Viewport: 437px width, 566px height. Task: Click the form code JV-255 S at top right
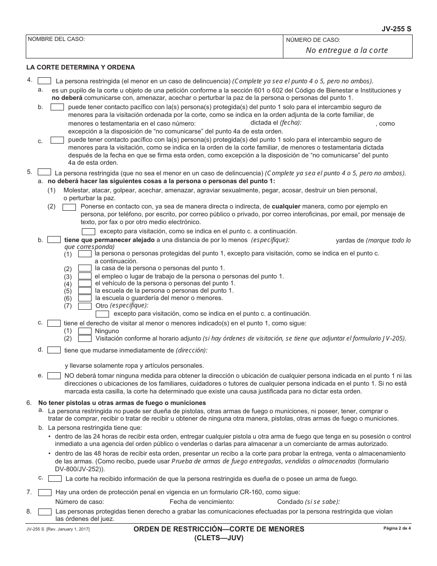click(397, 29)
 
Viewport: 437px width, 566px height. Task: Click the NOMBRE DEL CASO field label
click(56, 40)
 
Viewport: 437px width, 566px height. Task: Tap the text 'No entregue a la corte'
click(347, 51)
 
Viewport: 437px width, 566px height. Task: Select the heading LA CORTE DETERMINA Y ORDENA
click(80, 67)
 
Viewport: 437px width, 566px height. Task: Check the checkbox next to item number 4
click(44, 81)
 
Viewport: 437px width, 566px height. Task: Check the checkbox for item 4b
click(57, 107)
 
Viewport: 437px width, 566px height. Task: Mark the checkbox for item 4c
click(57, 140)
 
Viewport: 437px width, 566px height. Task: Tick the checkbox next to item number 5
click(44, 173)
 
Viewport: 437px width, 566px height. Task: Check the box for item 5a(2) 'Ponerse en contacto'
click(69, 207)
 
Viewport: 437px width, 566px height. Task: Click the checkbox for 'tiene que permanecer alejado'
click(54, 240)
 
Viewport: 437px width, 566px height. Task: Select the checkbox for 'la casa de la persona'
click(85, 268)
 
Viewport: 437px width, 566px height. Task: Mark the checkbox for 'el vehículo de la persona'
click(85, 283)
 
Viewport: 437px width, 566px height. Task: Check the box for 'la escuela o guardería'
click(85, 298)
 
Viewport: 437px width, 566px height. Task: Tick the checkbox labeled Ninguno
click(85, 331)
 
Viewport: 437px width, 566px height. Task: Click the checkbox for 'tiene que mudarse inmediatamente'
click(54, 350)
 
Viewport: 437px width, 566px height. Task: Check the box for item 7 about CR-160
click(45, 492)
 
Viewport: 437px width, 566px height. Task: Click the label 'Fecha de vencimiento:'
click(202, 502)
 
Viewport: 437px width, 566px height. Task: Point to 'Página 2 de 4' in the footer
click(397, 528)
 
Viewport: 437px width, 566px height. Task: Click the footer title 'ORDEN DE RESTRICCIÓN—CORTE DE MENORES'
click(218, 529)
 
